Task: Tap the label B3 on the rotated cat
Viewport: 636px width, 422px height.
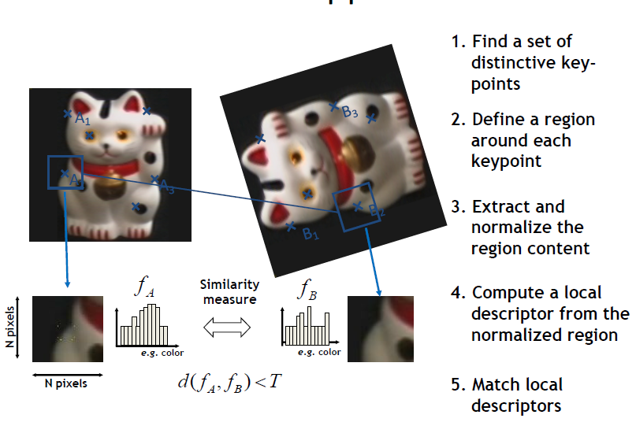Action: [x=350, y=113]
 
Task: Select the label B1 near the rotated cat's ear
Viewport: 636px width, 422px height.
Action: [x=311, y=235]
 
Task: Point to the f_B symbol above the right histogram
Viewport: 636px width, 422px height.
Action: [x=307, y=289]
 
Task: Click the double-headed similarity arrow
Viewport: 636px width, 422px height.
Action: [x=227, y=327]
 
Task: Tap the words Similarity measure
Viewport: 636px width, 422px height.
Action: [x=226, y=291]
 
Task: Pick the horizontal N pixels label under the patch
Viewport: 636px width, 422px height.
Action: [x=67, y=384]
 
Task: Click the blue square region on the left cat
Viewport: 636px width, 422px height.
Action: [x=65, y=172]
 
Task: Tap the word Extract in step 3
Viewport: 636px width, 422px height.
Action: [x=499, y=207]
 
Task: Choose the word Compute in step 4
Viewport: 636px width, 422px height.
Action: [x=504, y=294]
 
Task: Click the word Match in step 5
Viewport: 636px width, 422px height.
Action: [x=493, y=386]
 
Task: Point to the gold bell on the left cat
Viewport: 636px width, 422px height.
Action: [x=106, y=189]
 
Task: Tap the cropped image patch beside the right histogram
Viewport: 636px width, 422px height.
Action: [x=381, y=328]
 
